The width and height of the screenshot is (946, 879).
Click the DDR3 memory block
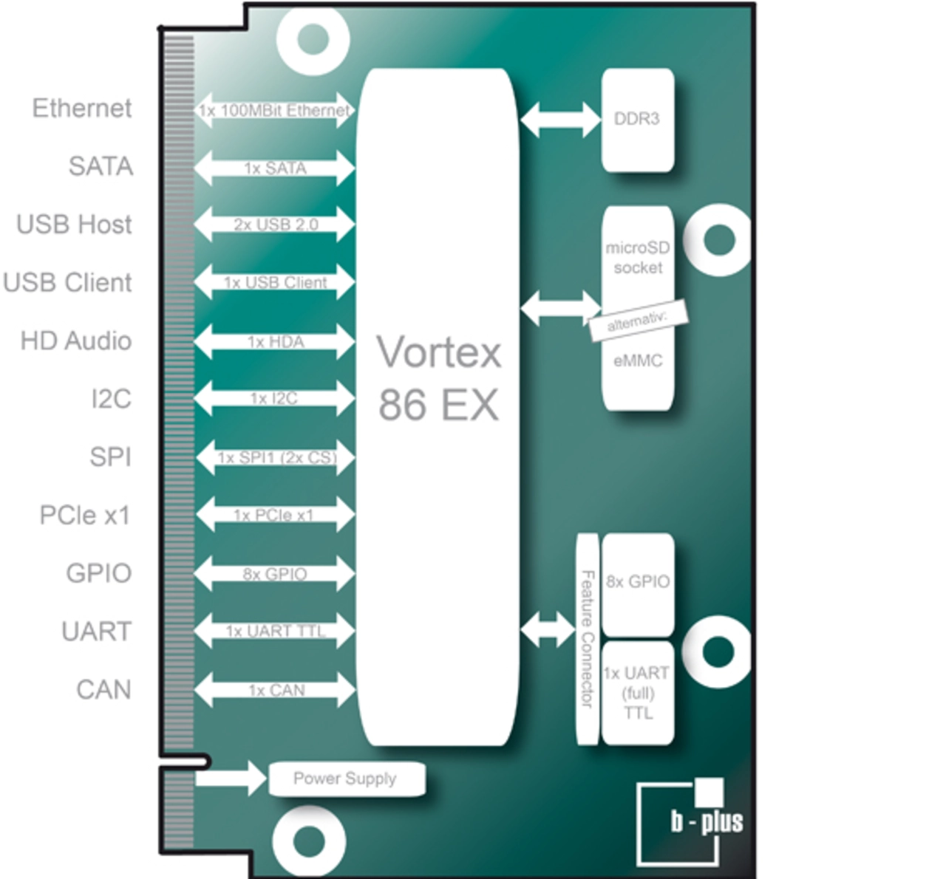[637, 120]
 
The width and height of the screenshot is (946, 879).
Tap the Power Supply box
[346, 779]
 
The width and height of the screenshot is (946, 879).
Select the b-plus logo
[692, 821]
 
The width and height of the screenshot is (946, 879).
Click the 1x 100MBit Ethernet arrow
[274, 111]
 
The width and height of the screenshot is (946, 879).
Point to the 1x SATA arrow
[274, 168]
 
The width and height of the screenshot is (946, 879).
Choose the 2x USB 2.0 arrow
[274, 225]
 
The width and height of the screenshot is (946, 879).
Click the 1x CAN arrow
[274, 690]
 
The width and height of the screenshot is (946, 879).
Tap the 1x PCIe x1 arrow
[274, 515]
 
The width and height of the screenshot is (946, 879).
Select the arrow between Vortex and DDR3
[560, 119]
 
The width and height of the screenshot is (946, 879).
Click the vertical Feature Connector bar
[587, 639]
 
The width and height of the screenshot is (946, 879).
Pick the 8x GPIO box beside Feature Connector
[637, 582]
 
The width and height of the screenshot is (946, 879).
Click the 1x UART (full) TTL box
[637, 693]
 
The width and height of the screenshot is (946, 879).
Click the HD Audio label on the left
[76, 341]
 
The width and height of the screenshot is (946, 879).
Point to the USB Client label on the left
[67, 282]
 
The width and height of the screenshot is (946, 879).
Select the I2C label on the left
[111, 399]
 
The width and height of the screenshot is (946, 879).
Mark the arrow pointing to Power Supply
[230, 778]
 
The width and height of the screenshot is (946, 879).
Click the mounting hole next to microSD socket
[718, 239]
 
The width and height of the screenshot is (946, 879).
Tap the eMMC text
[637, 361]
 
